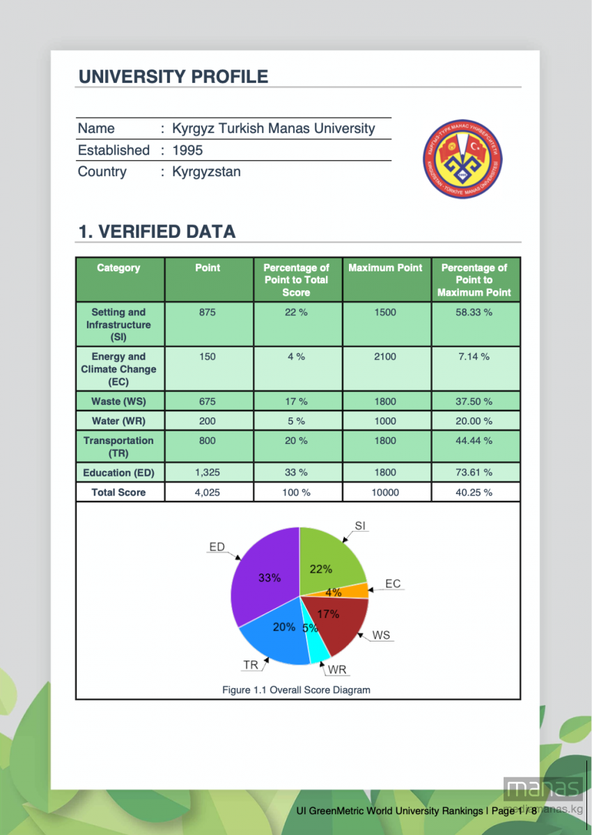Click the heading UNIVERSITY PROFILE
pos(173,77)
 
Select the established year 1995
pos(187,150)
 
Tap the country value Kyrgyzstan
pos(206,172)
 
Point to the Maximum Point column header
pos(385,268)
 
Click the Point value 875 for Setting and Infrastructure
pos(207,312)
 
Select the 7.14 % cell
pos(474,357)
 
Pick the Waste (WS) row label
pos(118,401)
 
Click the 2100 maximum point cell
pos(384,357)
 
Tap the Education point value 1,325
pos(207,472)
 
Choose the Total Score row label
pos(118,492)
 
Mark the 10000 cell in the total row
pos(385,492)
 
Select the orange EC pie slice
pos(355,590)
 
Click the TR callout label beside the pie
pos(251,665)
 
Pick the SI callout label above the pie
pos(360,526)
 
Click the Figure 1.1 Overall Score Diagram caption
pos(296,690)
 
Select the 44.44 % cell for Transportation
pos(474,440)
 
